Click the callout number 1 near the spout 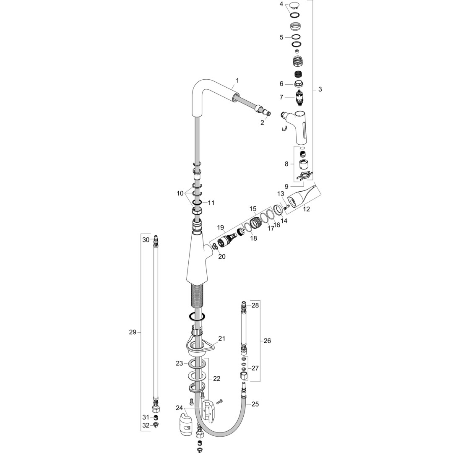237,81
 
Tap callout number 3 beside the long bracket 320,89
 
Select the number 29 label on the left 133,332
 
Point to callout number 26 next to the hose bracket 267,341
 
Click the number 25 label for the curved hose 255,404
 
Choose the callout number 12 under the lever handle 306,209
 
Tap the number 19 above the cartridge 221,228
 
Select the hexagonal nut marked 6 297,84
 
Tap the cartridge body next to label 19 227,240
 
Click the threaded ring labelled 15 255,223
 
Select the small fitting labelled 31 156,417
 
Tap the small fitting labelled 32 156,425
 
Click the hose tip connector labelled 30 156,239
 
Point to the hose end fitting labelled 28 244,304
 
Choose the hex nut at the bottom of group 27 244,375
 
